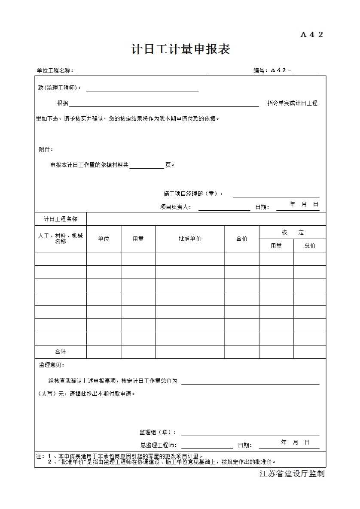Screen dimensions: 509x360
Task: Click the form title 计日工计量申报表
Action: (180, 49)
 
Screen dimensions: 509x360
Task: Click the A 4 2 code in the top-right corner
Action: (311, 35)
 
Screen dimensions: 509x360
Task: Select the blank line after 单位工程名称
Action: (142, 71)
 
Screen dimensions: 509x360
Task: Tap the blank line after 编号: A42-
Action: (306, 71)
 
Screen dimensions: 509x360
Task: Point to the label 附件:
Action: (46, 149)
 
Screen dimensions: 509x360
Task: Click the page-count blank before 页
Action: (146, 166)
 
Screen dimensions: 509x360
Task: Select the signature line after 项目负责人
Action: (224, 208)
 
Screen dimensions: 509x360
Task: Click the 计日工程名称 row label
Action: (61, 219)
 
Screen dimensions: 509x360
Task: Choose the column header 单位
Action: (104, 239)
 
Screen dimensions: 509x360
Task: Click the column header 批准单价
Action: (190, 239)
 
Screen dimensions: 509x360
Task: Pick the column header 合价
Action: (242, 239)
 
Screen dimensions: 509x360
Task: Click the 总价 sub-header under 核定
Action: (310, 245)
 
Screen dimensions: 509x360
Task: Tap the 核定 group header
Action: (293, 232)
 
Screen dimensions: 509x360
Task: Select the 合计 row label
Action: (61, 351)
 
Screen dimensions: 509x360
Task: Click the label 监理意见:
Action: (52, 365)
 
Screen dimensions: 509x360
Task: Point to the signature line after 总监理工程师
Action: (207, 446)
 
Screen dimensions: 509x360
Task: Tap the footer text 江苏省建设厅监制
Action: (292, 474)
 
